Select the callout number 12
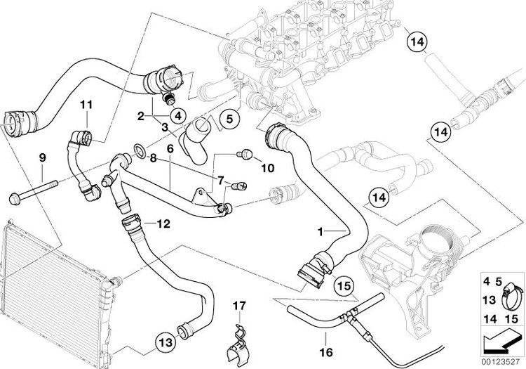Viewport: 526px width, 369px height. click(163, 224)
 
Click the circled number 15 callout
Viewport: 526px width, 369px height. click(342, 286)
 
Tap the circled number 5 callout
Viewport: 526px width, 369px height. click(229, 120)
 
